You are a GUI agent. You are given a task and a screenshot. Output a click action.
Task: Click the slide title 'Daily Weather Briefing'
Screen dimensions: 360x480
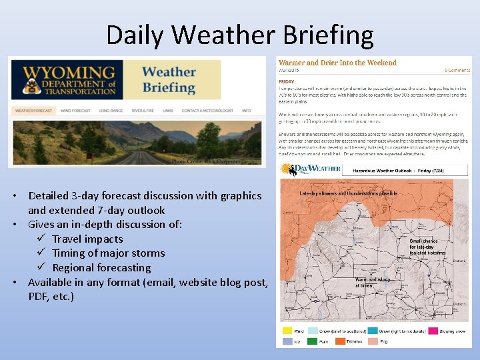coord(239,35)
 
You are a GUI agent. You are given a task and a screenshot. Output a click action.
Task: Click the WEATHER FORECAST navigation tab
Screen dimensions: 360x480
coord(33,111)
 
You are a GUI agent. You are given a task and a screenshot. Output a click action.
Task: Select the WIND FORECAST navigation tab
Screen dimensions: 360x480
coord(75,111)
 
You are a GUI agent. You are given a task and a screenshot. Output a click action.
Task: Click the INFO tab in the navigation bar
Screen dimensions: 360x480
coord(247,111)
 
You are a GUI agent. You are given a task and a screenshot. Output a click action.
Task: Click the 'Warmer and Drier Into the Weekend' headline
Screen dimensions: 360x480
coord(337,63)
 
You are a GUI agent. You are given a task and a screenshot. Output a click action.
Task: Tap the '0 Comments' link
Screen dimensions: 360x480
coord(457,70)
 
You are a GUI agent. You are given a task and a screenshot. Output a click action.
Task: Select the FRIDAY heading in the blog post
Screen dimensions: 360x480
coord(287,82)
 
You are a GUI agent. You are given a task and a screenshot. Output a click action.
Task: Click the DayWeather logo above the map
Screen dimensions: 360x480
coord(311,169)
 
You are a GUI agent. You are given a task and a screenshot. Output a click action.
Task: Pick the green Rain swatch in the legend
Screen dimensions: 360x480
coord(313,341)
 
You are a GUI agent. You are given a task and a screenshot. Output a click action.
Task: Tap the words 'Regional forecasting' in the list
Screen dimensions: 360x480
coord(101,267)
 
